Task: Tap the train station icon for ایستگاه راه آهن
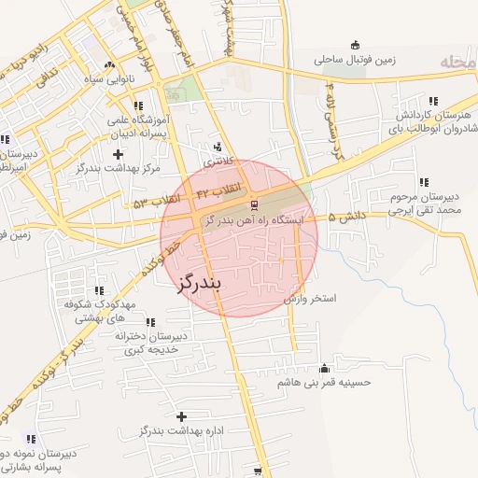[254, 204]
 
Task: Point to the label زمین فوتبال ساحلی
[355, 60]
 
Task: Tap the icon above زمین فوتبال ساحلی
[354, 45]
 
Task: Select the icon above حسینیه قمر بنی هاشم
[324, 368]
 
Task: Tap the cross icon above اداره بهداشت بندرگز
[180, 415]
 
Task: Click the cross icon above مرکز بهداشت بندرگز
[117, 152]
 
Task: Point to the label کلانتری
[218, 161]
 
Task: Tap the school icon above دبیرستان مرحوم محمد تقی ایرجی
[425, 182]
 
